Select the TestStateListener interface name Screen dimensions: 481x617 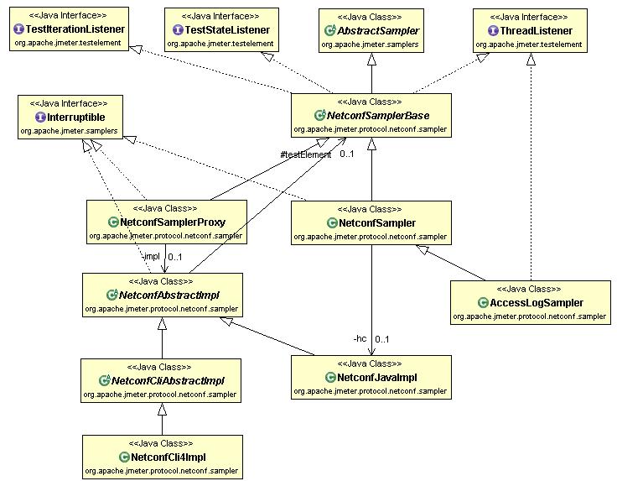pos(227,30)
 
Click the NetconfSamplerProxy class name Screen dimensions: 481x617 pos(173,222)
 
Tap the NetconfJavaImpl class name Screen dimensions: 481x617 pos(376,378)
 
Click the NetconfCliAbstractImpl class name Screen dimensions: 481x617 pos(168,380)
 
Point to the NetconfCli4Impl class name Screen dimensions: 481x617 pos(169,457)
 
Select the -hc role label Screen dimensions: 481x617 pos(359,339)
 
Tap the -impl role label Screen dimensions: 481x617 pos(150,257)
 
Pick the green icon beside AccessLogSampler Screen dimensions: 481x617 pos(482,302)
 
